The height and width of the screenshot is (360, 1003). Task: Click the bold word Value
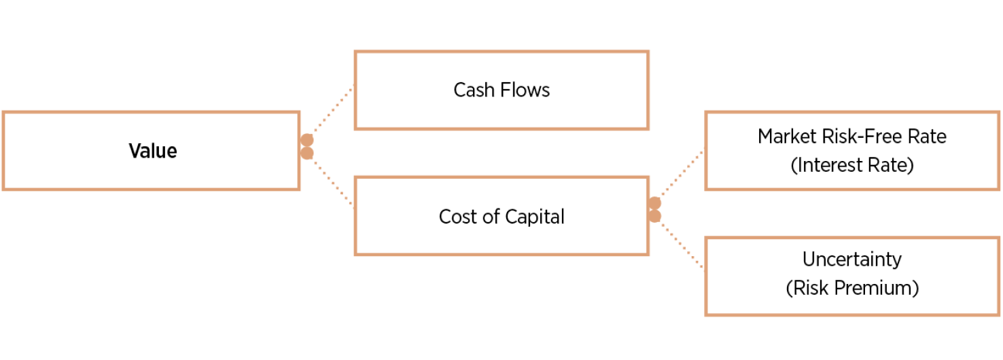point(153,150)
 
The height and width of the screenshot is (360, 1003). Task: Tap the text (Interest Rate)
point(852,165)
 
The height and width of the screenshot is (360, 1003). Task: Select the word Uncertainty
point(852,259)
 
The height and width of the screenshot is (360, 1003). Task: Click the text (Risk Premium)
point(852,288)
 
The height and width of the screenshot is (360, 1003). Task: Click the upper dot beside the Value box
point(307,140)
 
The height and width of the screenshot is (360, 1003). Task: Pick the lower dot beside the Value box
point(307,153)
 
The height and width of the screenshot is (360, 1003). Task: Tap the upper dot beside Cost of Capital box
point(654,203)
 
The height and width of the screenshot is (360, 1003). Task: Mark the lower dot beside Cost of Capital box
point(654,216)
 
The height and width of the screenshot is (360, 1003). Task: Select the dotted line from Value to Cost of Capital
point(332,181)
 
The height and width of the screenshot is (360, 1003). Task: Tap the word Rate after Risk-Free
point(927,136)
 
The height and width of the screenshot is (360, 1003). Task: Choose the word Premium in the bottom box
point(880,288)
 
